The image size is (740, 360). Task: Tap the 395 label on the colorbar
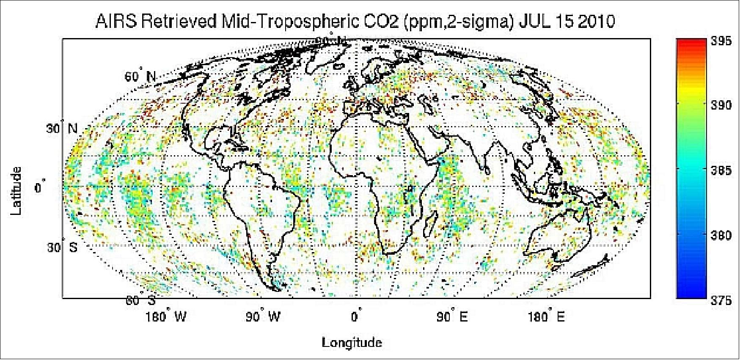point(723,42)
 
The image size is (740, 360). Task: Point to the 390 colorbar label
point(723,105)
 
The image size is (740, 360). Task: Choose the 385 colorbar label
point(723,170)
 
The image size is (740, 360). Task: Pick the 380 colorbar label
point(723,235)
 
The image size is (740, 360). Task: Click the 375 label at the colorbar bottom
point(723,300)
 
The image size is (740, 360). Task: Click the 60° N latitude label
point(140,77)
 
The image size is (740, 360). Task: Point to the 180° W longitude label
point(165,316)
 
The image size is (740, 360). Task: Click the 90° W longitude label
point(263,316)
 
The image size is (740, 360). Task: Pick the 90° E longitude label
point(452,316)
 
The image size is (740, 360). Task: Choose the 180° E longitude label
point(546,316)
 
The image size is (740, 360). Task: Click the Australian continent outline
point(558,237)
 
